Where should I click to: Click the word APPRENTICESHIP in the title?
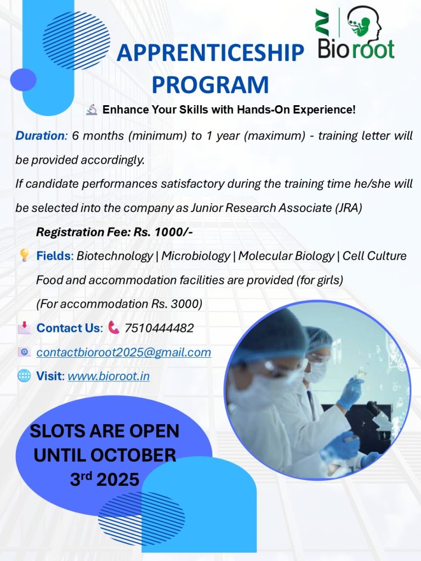coord(210,52)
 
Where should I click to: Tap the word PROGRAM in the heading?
coord(210,84)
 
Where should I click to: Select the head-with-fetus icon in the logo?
coord(365,21)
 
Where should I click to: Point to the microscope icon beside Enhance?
coord(92,110)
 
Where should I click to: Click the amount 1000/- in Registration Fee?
coord(174,232)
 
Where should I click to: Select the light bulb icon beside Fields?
coord(24,255)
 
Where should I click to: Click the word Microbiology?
coord(196,256)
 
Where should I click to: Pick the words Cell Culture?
coord(374,256)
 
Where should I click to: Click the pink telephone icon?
coord(113,327)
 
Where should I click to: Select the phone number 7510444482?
coord(159,328)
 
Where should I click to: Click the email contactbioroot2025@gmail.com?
coord(124,352)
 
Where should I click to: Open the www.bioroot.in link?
coord(109,376)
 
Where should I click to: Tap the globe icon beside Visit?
coord(24,376)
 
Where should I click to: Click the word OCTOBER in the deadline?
coord(133,455)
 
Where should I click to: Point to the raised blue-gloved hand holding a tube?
coord(350,392)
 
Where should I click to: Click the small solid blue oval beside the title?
coord(23,79)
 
